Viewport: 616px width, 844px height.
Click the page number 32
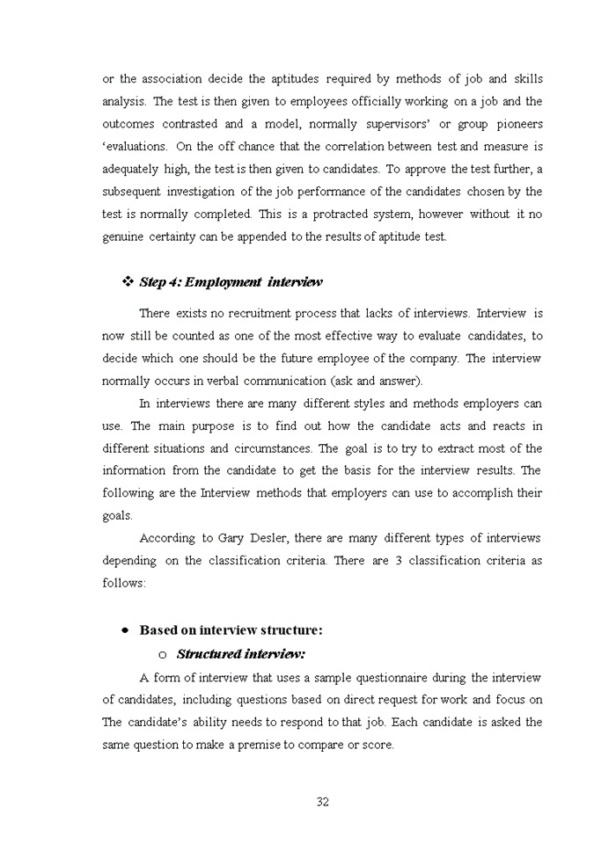click(x=322, y=801)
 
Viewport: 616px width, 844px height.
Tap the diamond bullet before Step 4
click(x=127, y=281)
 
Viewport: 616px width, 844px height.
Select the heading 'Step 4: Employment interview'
click(x=231, y=282)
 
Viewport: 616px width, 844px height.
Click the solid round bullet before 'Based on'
click(x=126, y=630)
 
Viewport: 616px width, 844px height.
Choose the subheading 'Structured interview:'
click(x=240, y=654)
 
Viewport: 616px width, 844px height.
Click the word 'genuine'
click(x=123, y=236)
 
